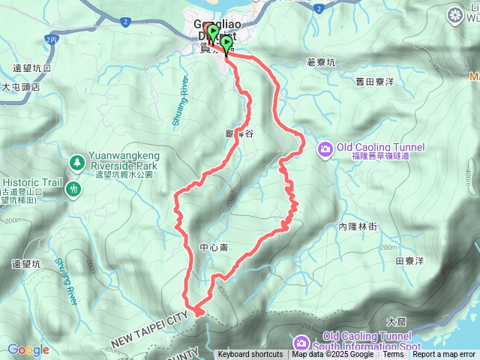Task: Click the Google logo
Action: [x=28, y=349]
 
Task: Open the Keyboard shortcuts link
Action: [x=250, y=355]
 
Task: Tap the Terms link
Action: [x=393, y=355]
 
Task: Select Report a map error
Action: [x=445, y=355]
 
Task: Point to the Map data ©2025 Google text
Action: [x=332, y=355]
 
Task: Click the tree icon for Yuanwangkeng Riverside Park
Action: [x=76, y=161]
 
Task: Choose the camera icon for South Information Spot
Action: [x=301, y=343]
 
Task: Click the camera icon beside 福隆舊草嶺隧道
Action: [x=325, y=148]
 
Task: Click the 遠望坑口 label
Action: [x=32, y=68]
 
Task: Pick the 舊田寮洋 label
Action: [x=375, y=81]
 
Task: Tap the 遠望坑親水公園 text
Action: [x=119, y=174]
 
